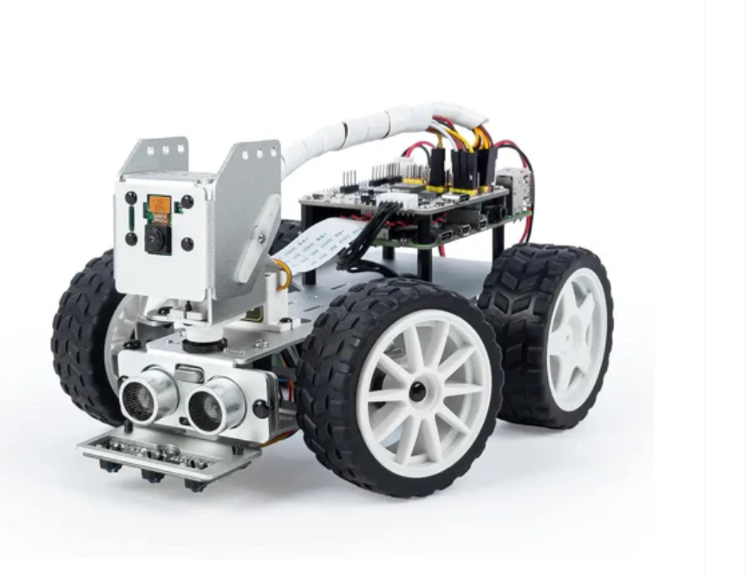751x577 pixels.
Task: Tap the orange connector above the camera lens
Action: tap(158, 205)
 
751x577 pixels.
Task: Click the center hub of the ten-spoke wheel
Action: tap(417, 391)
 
